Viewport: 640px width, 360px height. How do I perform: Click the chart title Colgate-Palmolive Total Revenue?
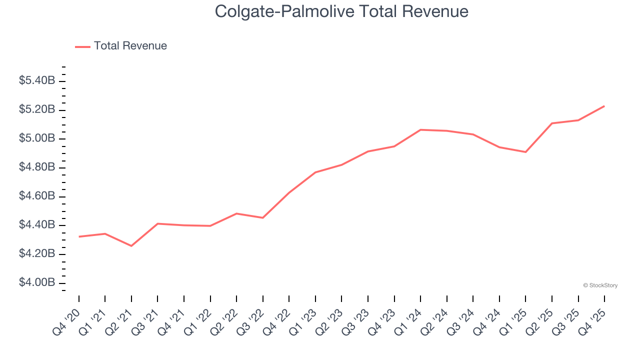tap(341, 11)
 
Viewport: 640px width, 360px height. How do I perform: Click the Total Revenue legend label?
tap(130, 46)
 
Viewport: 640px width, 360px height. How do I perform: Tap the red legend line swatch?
tap(82, 46)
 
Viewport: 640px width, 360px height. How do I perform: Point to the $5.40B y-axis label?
tap(36, 80)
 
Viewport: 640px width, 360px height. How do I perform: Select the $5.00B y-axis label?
tap(36, 138)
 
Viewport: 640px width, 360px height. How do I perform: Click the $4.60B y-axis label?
tap(36, 196)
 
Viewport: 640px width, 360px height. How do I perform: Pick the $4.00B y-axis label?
tap(36, 283)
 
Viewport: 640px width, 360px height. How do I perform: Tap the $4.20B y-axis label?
tap(36, 254)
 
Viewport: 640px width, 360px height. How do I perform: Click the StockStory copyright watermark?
tap(600, 285)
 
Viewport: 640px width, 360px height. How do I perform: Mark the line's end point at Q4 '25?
tap(604, 106)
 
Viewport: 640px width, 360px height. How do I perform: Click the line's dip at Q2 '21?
tap(131, 246)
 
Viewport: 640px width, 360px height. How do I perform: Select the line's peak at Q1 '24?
tap(420, 129)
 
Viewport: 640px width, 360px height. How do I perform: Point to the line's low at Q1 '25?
tap(525, 152)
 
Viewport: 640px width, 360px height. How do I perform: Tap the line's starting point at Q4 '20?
tap(79, 236)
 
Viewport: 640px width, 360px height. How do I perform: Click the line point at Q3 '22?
tap(263, 217)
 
